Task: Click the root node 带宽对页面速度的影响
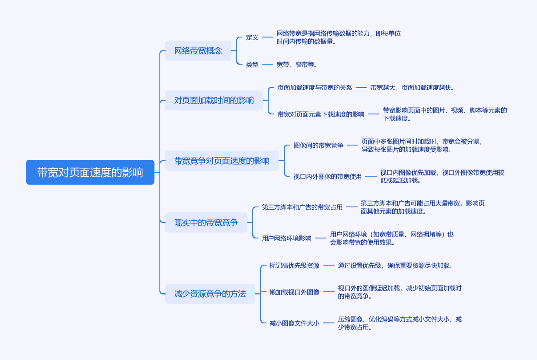(90, 173)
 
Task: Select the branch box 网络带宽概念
(198, 51)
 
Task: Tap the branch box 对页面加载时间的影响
(214, 101)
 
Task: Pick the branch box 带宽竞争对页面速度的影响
(222, 161)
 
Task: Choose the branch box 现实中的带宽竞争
(206, 223)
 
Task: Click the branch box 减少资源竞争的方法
(210, 294)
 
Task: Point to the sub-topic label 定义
(252, 37)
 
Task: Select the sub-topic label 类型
(252, 65)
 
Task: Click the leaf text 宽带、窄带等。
(296, 65)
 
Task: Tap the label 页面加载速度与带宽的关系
(314, 88)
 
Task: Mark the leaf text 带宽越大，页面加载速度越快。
(412, 88)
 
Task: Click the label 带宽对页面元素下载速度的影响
(321, 114)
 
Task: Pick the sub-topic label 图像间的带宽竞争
(318, 145)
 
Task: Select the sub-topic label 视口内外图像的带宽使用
(327, 176)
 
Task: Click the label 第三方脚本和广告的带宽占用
(302, 207)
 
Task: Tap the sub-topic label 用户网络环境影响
(286, 238)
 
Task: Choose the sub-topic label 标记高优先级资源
(294, 265)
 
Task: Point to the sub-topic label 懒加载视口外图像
(294, 292)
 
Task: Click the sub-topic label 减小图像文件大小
(294, 323)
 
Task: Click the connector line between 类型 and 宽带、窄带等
(268, 65)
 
